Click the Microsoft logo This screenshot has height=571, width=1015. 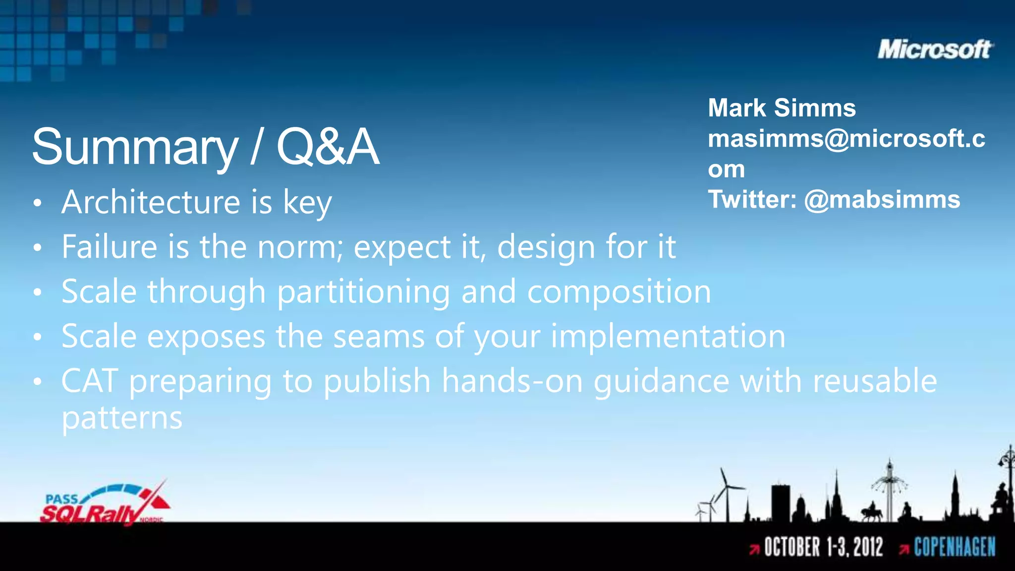click(935, 50)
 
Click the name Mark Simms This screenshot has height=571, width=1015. click(782, 108)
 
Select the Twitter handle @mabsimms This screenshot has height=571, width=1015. click(882, 200)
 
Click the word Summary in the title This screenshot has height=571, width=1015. click(135, 147)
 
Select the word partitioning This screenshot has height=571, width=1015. click(364, 292)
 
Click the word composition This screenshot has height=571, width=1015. click(619, 291)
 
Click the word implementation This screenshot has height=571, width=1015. click(668, 337)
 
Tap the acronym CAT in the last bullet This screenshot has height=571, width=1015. click(90, 381)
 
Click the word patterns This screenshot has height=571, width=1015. click(122, 418)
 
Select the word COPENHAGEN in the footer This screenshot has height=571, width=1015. click(955, 547)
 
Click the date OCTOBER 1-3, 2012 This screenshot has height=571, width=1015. click(823, 547)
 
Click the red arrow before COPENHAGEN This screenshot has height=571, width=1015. click(903, 549)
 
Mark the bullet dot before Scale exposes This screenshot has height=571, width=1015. click(38, 337)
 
